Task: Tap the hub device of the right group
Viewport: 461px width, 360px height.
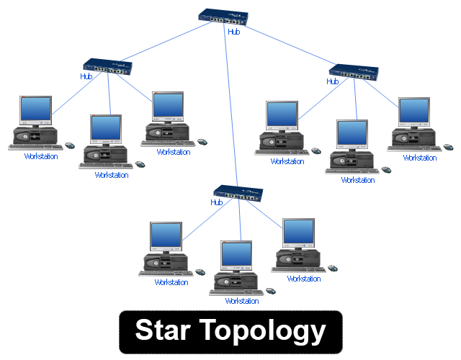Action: (354, 71)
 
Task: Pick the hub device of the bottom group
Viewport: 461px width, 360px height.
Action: (238, 193)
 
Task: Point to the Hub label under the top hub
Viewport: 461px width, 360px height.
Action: (233, 32)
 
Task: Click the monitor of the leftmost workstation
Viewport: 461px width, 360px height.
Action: (35, 110)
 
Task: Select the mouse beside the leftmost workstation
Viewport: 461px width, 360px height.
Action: (70, 145)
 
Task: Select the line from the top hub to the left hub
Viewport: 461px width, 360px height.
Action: (166, 42)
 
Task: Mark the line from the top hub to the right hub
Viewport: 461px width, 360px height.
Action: (288, 45)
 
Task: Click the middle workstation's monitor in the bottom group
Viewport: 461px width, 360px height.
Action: (236, 256)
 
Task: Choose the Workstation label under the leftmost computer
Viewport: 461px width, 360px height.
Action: (40, 156)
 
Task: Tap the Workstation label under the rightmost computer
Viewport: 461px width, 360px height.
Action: (419, 158)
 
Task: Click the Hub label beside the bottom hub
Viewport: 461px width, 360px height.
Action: (216, 202)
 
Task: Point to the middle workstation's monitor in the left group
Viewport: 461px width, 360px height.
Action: (106, 130)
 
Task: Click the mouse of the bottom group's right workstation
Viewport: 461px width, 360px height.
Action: (332, 267)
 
